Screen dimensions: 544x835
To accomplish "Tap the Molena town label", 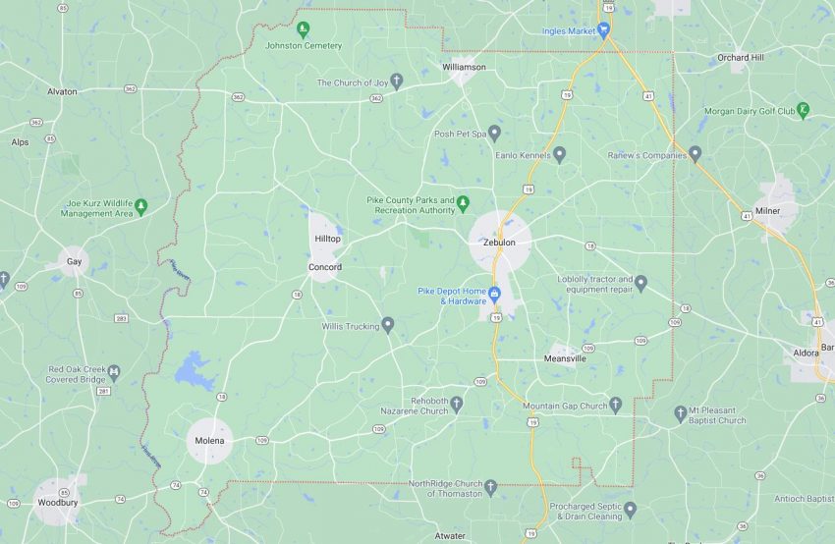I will [x=210, y=441].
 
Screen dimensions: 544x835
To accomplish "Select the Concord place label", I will [x=325, y=267].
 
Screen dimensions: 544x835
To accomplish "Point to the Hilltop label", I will [x=327, y=239].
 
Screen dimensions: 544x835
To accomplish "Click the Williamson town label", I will [x=464, y=67].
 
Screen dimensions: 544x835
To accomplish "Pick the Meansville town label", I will [x=566, y=358].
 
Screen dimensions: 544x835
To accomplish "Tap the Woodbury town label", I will [x=57, y=502].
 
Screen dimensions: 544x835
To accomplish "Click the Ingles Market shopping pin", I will [x=603, y=30].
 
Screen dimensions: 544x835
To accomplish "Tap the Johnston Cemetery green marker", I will [x=304, y=28].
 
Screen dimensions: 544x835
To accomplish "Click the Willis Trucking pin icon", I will [x=388, y=324].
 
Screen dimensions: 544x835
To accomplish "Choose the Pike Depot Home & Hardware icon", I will [x=495, y=294].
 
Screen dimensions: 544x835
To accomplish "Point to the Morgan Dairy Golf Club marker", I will [x=804, y=110].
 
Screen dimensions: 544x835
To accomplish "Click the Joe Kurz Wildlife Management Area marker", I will [x=140, y=206].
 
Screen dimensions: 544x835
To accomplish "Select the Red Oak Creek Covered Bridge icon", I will [x=114, y=371].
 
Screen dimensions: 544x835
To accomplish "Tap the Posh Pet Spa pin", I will [x=494, y=133].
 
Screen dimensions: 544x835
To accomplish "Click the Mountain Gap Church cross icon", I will [x=616, y=405].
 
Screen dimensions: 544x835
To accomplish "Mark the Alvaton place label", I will [x=62, y=90].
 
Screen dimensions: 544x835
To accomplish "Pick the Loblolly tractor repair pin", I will [x=640, y=284].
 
